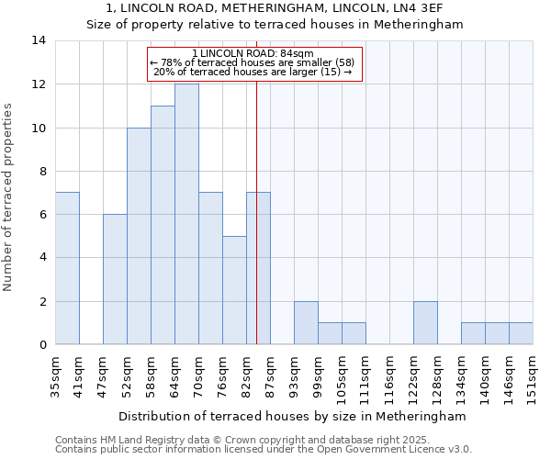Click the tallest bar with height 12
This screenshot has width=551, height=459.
click(186, 214)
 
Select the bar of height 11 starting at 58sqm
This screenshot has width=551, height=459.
click(163, 225)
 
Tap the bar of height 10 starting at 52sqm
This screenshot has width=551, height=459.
click(139, 236)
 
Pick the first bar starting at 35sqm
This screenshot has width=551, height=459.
click(67, 268)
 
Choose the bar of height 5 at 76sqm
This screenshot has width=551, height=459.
click(234, 290)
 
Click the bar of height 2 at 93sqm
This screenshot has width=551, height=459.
click(306, 322)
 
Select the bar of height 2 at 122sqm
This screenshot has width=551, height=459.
click(425, 322)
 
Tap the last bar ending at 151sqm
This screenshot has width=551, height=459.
click(521, 333)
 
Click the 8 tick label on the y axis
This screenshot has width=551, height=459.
click(41, 171)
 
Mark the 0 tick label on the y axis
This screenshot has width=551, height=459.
click(41, 345)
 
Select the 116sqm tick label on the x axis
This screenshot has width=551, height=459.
click(389, 375)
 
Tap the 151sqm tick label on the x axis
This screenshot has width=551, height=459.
click(533, 375)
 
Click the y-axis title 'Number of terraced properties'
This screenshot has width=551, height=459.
click(9, 196)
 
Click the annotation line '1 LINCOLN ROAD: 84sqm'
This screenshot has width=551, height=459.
click(254, 53)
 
